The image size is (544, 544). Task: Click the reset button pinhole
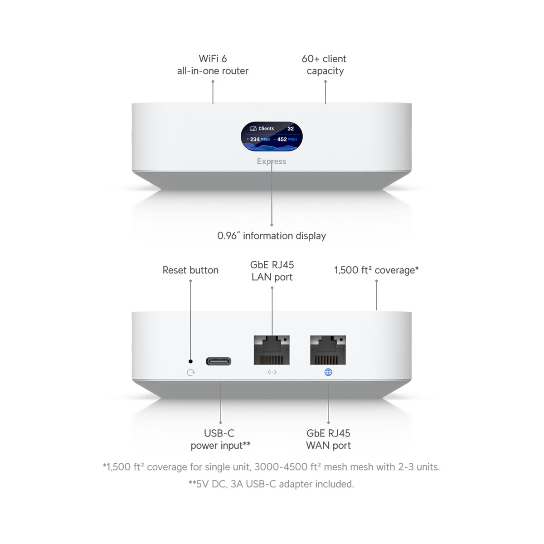pyautogui.click(x=190, y=361)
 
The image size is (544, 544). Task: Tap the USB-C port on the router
pyautogui.click(x=219, y=361)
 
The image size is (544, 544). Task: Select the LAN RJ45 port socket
pyautogui.click(x=272, y=350)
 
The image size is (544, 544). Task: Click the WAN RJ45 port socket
pyautogui.click(x=328, y=350)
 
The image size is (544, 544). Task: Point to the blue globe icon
pyautogui.click(x=328, y=372)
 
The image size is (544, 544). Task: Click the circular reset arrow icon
pyautogui.click(x=191, y=373)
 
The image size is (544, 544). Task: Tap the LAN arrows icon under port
pyautogui.click(x=272, y=372)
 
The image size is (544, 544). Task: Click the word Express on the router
pyautogui.click(x=272, y=161)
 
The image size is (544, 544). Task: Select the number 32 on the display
pyautogui.click(x=291, y=129)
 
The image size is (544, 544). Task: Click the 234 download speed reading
pyautogui.click(x=255, y=140)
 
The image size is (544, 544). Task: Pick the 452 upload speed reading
pyautogui.click(x=282, y=140)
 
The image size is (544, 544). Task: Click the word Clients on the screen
pyautogui.click(x=266, y=129)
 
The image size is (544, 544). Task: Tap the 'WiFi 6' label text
pyautogui.click(x=213, y=59)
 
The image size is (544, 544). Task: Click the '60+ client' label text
pyautogui.click(x=324, y=59)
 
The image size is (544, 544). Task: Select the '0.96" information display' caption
pyautogui.click(x=272, y=236)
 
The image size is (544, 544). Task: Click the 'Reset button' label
pyautogui.click(x=190, y=270)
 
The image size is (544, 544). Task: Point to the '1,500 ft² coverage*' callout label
pyautogui.click(x=376, y=270)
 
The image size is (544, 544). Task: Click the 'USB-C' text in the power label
pyautogui.click(x=219, y=433)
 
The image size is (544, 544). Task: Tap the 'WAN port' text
pyautogui.click(x=328, y=446)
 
